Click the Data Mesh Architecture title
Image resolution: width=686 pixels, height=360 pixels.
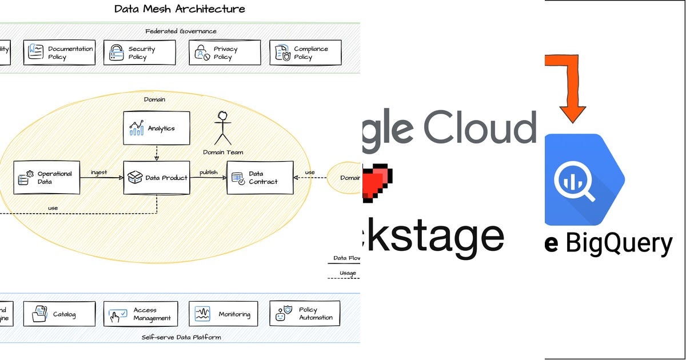(180, 9)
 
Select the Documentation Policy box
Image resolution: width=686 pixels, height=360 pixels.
(59, 53)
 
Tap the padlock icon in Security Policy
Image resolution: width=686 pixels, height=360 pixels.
(117, 53)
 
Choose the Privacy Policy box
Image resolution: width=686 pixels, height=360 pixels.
(225, 53)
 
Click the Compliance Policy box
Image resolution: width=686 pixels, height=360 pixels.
(305, 53)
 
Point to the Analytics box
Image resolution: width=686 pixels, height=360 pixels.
(157, 128)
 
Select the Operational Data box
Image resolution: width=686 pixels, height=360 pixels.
(46, 178)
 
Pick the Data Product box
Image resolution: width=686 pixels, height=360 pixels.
(157, 178)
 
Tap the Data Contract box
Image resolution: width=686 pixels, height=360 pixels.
(260, 178)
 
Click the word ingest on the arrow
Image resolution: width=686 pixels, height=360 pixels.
(99, 172)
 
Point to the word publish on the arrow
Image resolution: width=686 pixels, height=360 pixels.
(208, 172)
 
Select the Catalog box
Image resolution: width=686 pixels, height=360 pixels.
(59, 314)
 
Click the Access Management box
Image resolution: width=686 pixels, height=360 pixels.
(141, 314)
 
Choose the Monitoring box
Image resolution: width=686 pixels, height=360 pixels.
(224, 314)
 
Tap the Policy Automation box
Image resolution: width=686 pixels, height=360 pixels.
(305, 314)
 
